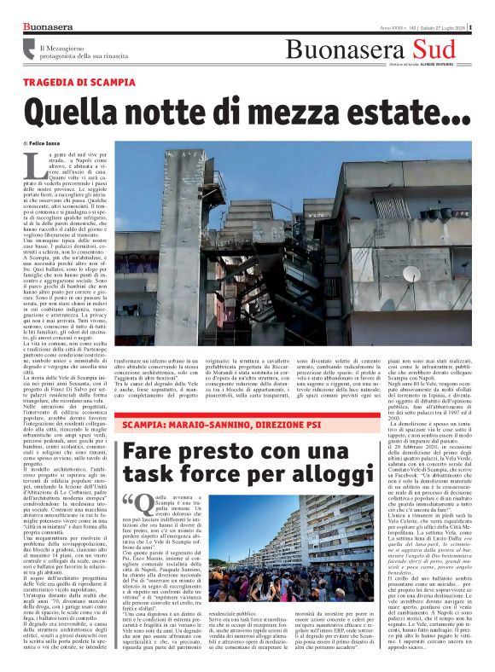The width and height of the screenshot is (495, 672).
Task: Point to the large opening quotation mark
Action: [129, 478]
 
